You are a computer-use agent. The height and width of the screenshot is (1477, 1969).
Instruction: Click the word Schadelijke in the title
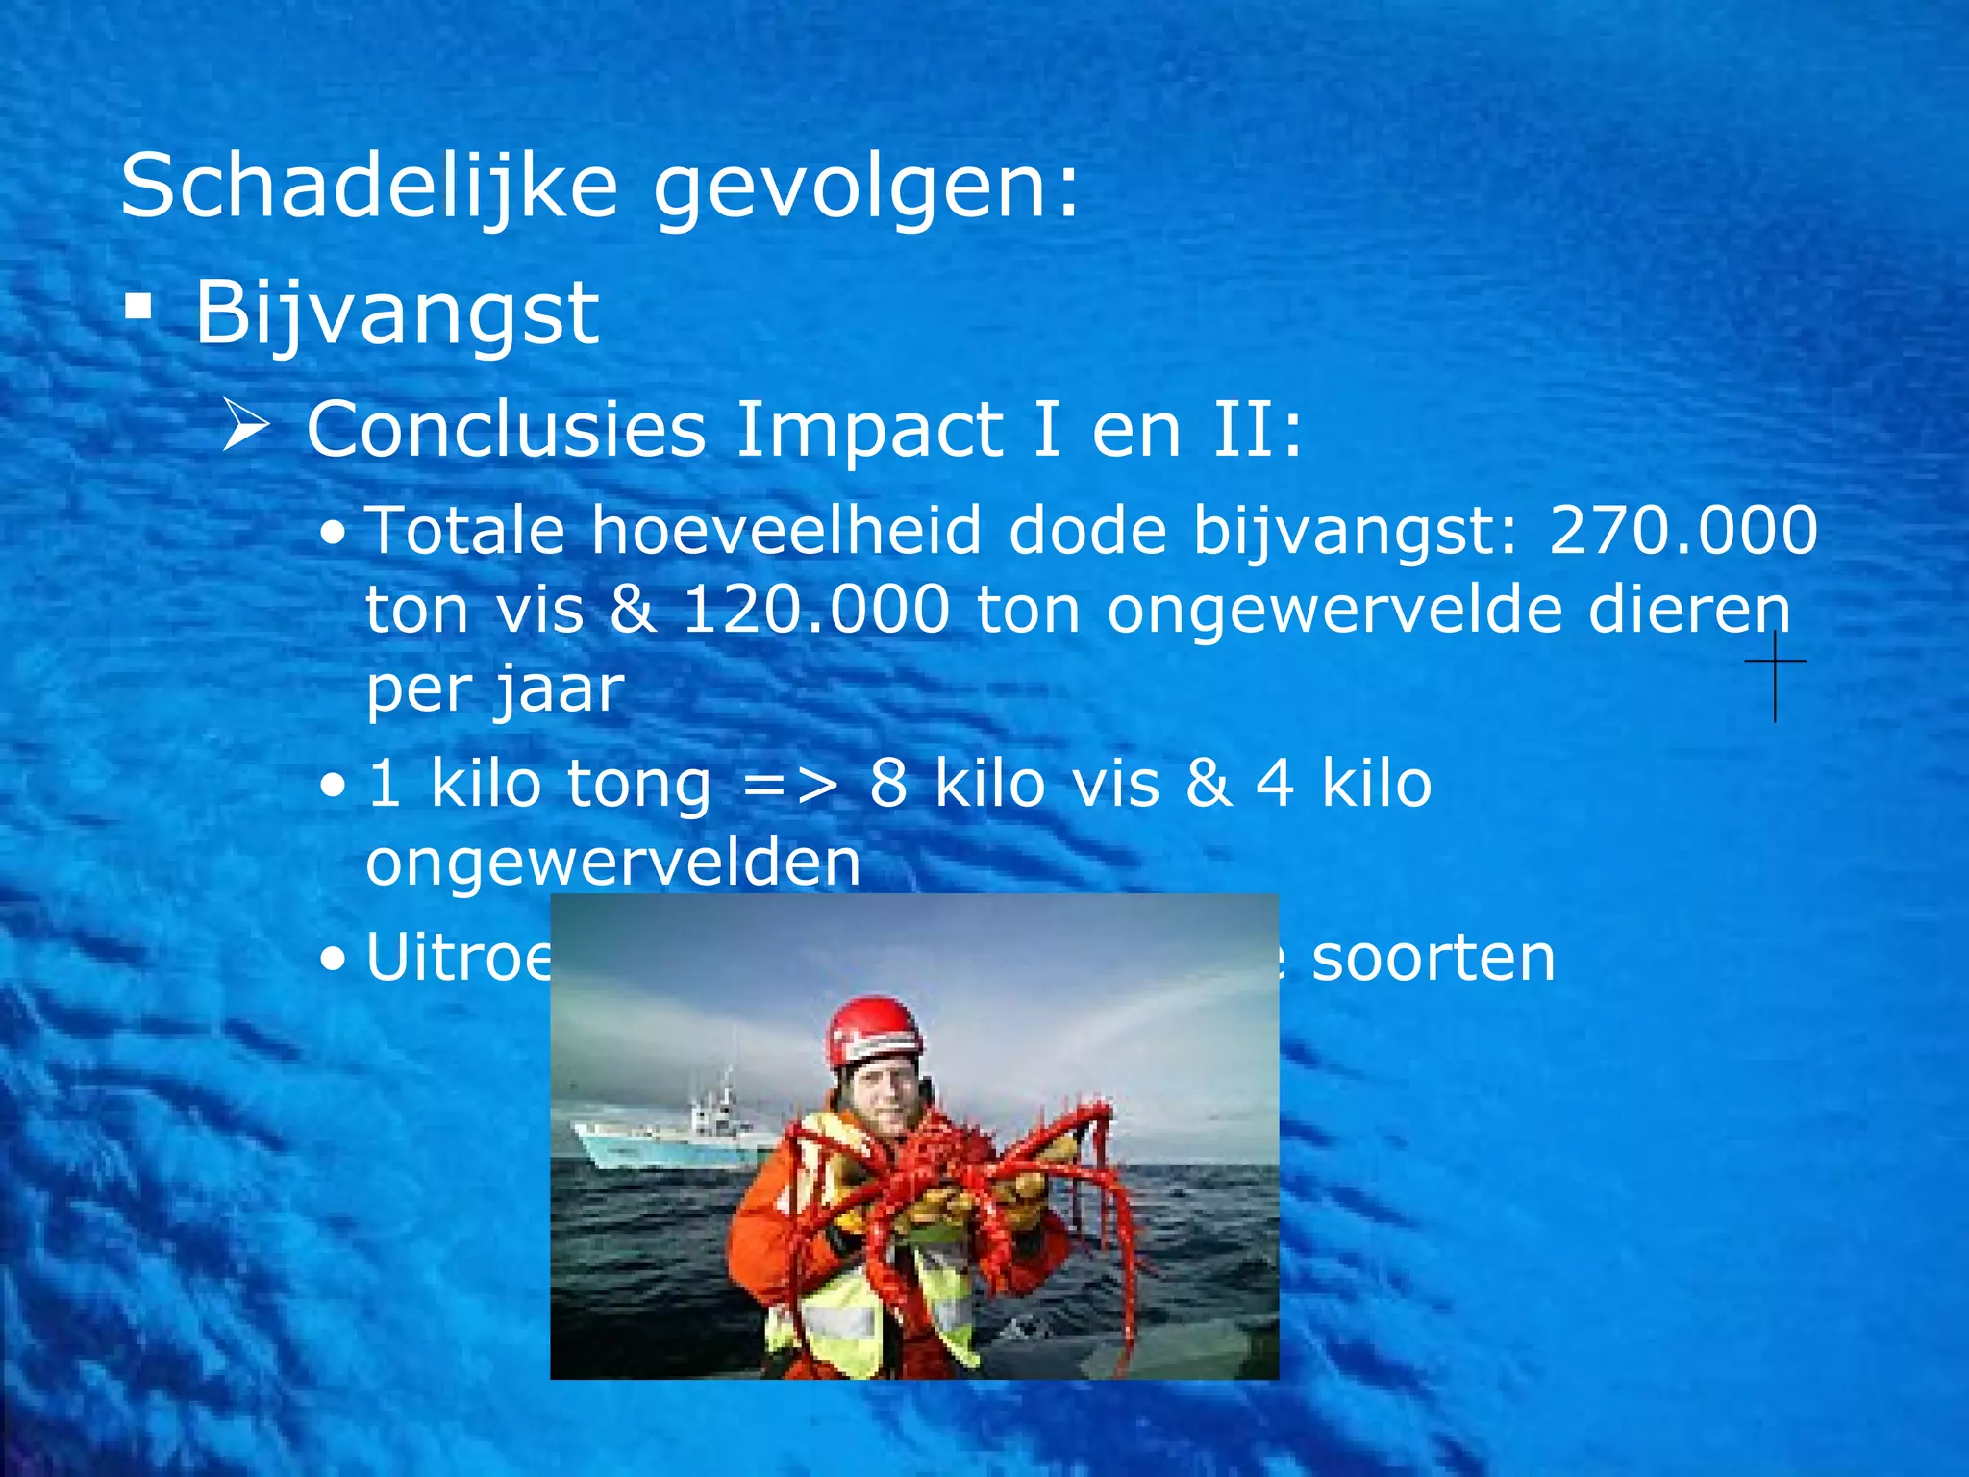(x=369, y=188)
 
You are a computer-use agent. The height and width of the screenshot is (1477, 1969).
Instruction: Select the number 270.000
(x=1682, y=530)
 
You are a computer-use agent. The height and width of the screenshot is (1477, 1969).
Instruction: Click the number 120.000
(x=816, y=610)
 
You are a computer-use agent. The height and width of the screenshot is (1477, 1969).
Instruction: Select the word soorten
(x=1433, y=959)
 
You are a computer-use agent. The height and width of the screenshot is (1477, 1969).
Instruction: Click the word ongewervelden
(x=613, y=863)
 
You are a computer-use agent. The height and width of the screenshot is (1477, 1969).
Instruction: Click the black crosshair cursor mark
(x=1775, y=662)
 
